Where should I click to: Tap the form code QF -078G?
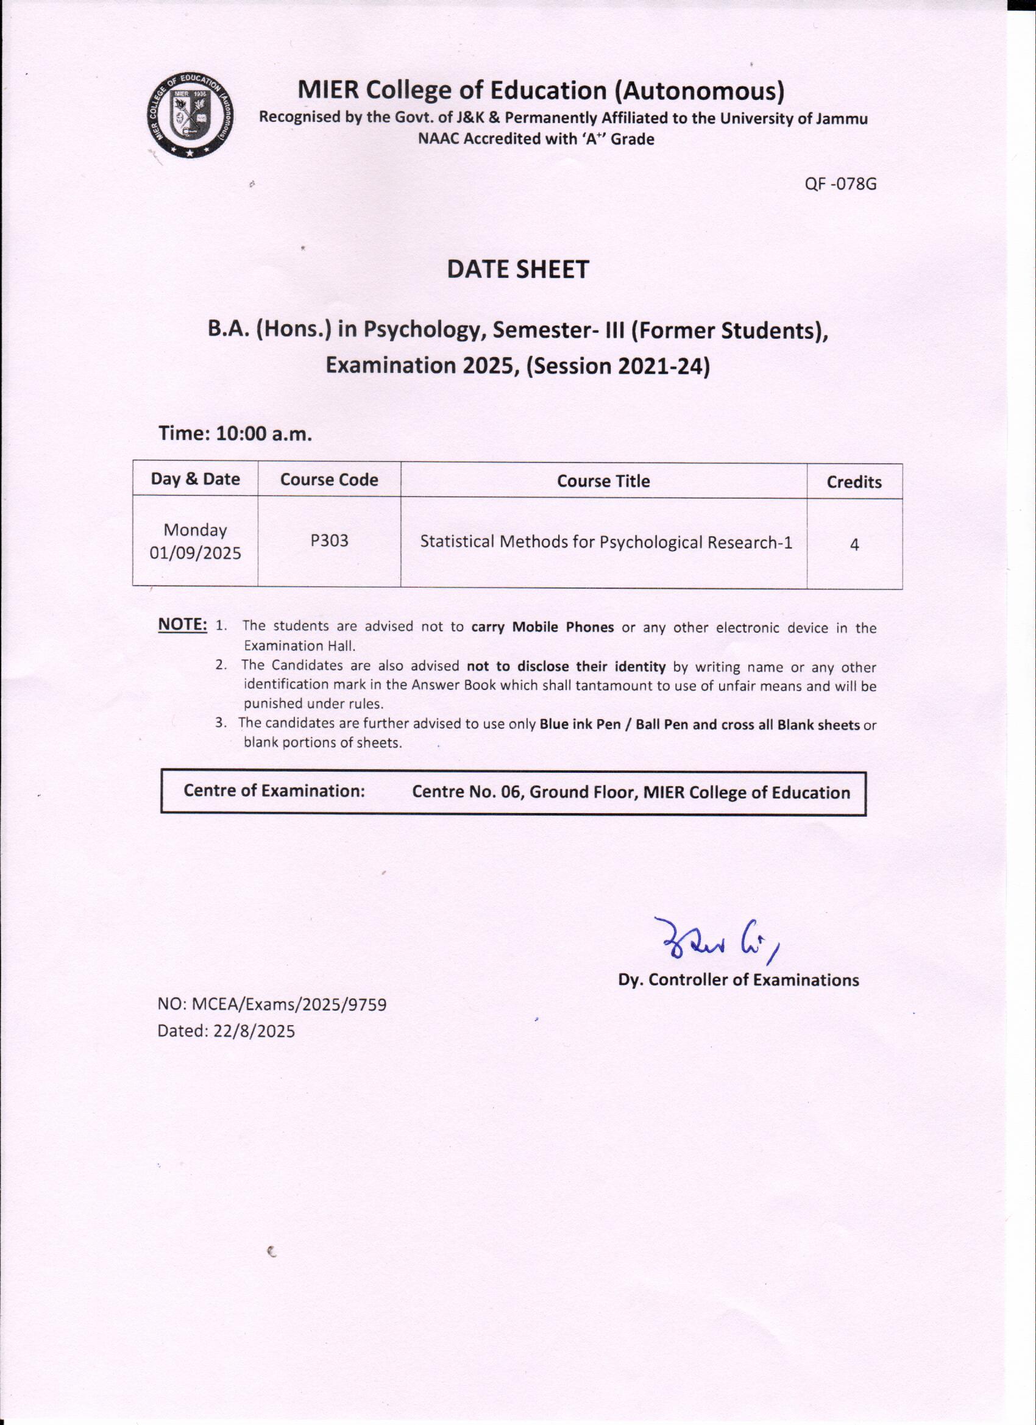[840, 185]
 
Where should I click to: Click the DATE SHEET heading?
[517, 269]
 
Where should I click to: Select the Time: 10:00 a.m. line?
[235, 433]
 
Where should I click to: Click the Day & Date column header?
[196, 480]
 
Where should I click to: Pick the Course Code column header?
[329, 480]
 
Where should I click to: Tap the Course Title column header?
[603, 482]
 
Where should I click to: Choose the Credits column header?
[854, 482]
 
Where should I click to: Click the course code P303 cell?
[329, 541]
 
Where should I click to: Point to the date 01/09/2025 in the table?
[196, 553]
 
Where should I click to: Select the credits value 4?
[854, 545]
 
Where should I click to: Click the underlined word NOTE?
[182, 625]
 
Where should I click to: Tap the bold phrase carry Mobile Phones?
[542, 627]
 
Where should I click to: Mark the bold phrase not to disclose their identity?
[566, 666]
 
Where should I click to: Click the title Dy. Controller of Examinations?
[738, 980]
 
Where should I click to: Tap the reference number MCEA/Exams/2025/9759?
[288, 1004]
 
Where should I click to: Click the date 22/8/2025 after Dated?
[254, 1031]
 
